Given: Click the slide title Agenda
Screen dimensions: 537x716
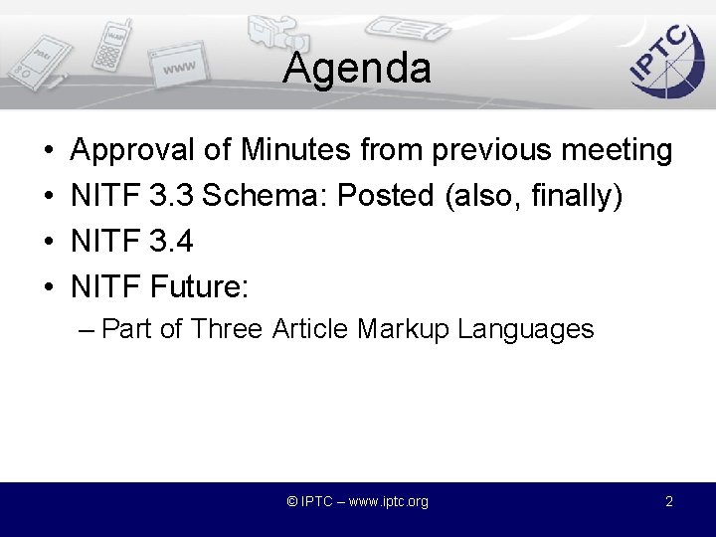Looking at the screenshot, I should tap(356, 69).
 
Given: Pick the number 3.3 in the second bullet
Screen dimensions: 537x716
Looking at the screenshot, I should tap(171, 197).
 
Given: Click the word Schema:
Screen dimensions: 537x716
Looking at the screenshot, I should tap(266, 197).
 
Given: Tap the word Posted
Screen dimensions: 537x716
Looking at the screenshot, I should tap(386, 197).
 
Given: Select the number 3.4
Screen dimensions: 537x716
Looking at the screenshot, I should tap(171, 243).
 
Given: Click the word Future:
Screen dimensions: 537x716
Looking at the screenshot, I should tap(199, 288).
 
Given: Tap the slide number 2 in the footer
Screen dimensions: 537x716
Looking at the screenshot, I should tap(669, 502).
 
